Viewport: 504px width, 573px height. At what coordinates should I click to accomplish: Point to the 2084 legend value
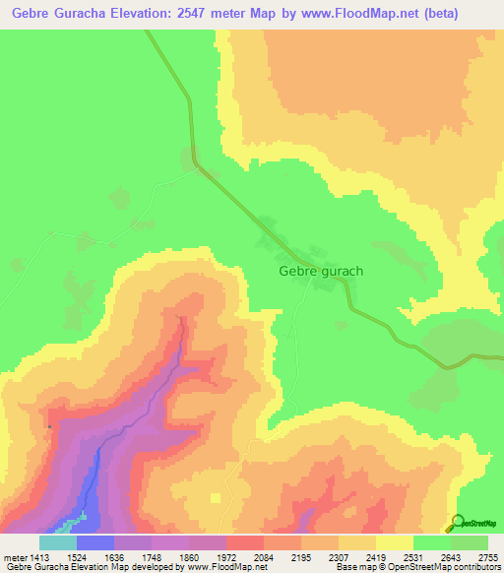(262, 556)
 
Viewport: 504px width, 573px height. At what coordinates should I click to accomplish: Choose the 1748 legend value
(150, 556)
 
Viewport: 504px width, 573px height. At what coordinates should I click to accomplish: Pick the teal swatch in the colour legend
(57, 542)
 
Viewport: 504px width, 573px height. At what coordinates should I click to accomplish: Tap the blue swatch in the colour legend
(94, 542)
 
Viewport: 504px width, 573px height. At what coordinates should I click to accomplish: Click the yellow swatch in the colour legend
(394, 542)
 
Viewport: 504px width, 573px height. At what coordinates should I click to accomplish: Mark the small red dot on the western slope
(48, 426)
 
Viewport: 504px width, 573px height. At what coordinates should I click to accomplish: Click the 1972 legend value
(224, 556)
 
